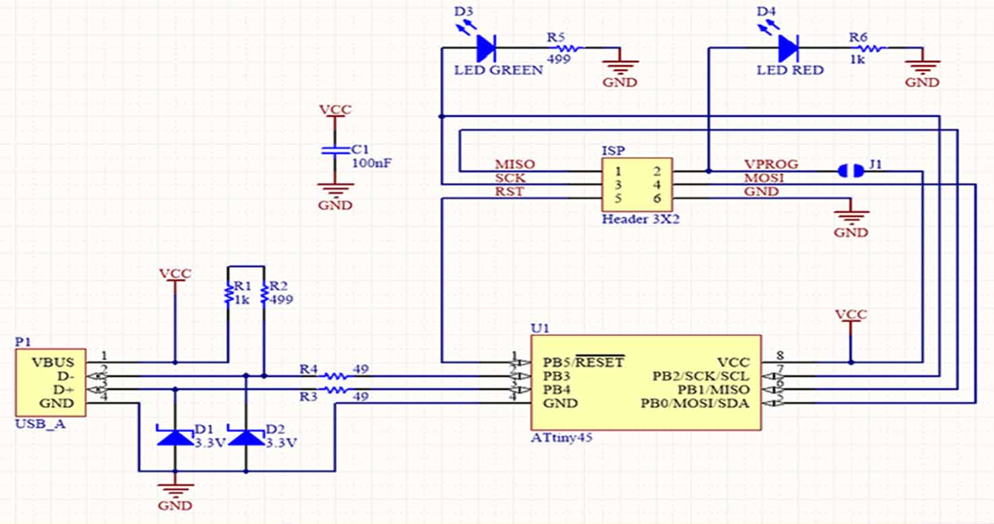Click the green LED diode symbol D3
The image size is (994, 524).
click(486, 48)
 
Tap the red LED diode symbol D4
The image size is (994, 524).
click(789, 48)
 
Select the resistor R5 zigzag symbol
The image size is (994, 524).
click(568, 48)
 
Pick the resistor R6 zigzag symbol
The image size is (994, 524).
click(870, 48)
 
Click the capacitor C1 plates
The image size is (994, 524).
click(335, 150)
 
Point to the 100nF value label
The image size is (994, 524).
click(372, 163)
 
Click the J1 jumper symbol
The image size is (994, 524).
click(851, 171)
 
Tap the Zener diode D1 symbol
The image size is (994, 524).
click(175, 435)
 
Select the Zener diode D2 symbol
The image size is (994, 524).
click(246, 435)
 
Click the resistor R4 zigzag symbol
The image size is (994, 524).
click(335, 376)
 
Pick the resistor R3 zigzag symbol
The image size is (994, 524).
click(335, 390)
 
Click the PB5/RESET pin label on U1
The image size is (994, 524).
click(584, 362)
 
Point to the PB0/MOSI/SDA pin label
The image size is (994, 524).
click(695, 404)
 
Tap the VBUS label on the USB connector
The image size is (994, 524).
click(53, 362)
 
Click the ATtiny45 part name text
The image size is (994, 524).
click(562, 437)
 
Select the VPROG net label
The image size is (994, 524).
click(771, 164)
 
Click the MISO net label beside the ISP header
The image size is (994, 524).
click(515, 164)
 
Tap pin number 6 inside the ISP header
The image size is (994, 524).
click(657, 199)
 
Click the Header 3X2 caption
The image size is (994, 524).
click(641, 219)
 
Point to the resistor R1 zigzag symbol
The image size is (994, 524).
click(228, 294)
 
